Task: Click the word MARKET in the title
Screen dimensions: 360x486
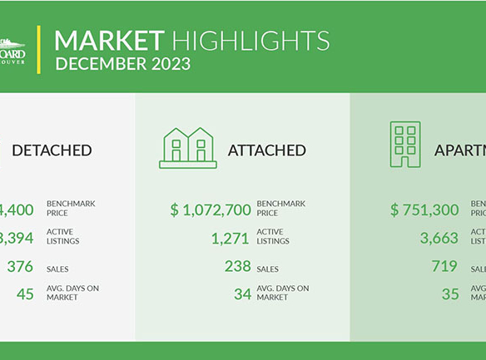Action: (108, 40)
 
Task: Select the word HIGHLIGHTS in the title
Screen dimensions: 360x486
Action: (250, 40)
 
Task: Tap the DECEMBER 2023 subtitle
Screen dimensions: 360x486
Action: (122, 63)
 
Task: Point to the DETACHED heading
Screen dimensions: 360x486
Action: (52, 150)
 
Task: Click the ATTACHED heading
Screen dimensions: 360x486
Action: (266, 150)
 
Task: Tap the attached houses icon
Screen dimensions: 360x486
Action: (188, 148)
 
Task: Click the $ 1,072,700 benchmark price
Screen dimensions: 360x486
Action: (211, 210)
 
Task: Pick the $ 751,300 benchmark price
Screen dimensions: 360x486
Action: (424, 210)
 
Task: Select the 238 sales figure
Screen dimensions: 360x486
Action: (237, 267)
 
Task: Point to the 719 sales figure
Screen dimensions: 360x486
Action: (444, 267)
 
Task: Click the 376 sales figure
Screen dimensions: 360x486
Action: (21, 267)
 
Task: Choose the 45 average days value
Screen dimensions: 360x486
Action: (25, 293)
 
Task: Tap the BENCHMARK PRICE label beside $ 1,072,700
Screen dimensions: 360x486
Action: (281, 209)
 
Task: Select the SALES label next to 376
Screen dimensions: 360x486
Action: (59, 269)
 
